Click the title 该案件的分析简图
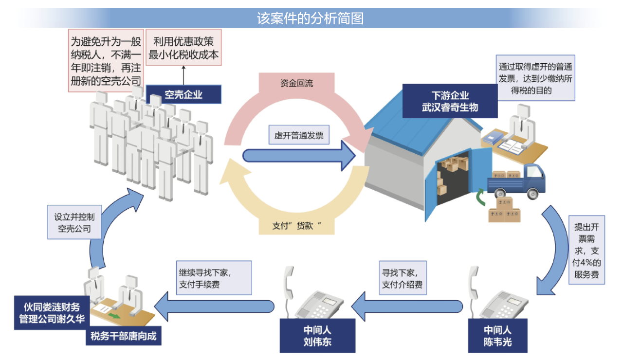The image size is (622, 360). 311,18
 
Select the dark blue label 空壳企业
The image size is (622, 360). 183,94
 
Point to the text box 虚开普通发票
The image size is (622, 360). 298,135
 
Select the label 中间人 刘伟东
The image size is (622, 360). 317,335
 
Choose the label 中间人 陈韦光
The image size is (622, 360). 497,335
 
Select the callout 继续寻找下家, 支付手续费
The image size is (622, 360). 214,278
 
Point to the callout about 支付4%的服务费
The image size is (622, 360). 587,250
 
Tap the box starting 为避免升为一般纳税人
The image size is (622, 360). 106,60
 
